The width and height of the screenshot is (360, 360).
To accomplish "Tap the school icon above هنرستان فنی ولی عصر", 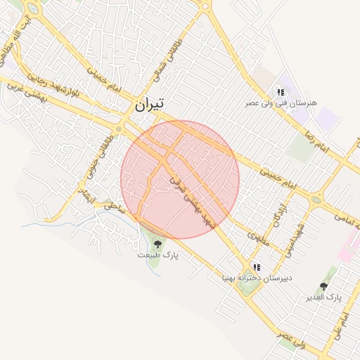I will [x=281, y=92].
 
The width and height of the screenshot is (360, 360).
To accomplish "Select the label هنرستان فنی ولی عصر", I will [x=281, y=103].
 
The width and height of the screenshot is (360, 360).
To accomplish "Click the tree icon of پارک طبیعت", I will [x=157, y=243].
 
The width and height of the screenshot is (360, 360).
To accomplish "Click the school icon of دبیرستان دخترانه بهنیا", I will [x=257, y=268].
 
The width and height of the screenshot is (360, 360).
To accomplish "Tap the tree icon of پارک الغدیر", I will [x=323, y=286].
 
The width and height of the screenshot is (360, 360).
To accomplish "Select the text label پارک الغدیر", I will [x=323, y=297].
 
